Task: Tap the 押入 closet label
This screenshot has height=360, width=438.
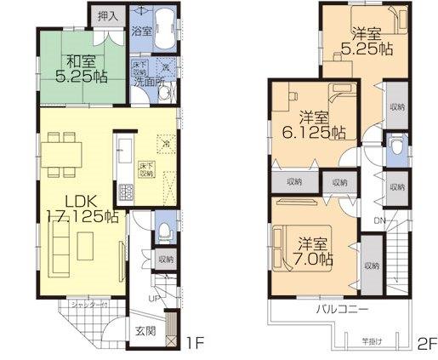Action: point(106,15)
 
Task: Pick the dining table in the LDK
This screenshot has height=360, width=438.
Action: point(65,155)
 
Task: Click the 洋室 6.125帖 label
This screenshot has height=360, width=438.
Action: point(314,125)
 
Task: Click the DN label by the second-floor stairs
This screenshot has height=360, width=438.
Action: point(378,220)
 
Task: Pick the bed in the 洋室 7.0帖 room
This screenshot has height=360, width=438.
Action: point(286,238)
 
